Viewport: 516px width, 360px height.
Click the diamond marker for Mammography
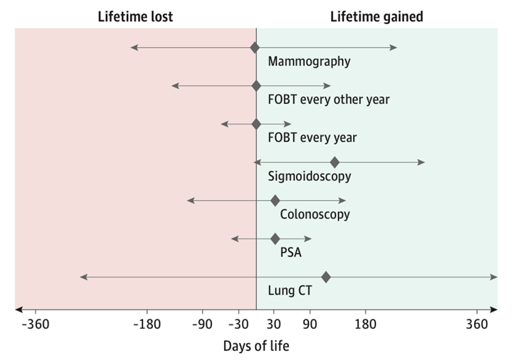(x=255, y=48)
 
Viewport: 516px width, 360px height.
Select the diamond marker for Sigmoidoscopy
(x=335, y=162)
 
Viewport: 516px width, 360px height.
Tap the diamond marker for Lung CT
(x=326, y=277)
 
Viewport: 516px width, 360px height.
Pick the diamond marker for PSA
(x=275, y=238)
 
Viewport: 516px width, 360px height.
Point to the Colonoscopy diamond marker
(x=275, y=201)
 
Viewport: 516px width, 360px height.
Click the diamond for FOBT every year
(x=256, y=124)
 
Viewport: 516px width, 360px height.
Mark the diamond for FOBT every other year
(x=256, y=86)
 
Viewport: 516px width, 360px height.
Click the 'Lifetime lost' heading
(x=135, y=16)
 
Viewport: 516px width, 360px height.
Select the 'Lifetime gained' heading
(x=377, y=16)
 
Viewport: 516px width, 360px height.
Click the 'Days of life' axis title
(x=256, y=346)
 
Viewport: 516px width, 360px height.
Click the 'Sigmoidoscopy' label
(x=309, y=176)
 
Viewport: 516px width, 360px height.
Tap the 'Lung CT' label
(x=290, y=290)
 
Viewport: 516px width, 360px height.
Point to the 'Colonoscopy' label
(x=315, y=214)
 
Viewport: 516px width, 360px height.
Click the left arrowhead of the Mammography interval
(x=132, y=48)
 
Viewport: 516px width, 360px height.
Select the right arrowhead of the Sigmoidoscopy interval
(x=423, y=162)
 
